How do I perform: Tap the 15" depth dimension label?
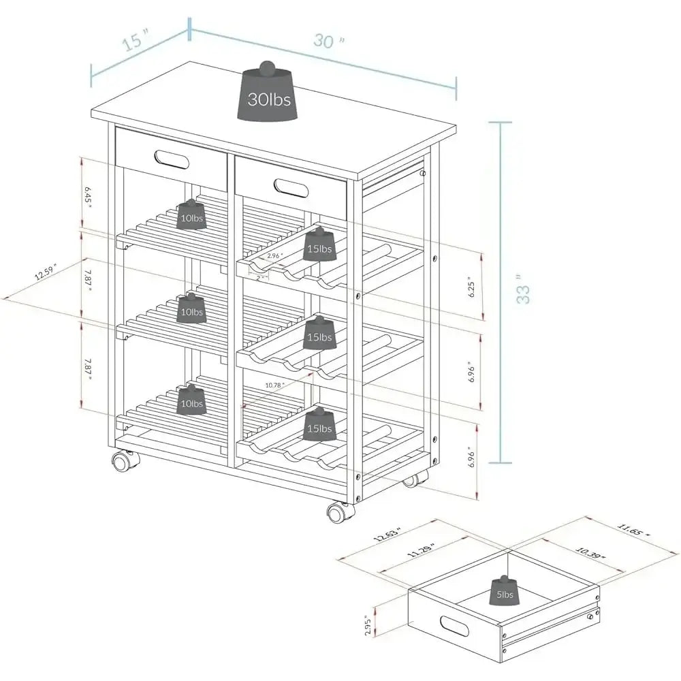point(136,42)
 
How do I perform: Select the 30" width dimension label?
point(329,41)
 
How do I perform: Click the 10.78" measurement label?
point(274,385)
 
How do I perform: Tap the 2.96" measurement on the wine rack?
point(274,256)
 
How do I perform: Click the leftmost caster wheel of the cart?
point(123,462)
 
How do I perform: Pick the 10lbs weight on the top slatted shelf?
point(191,215)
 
